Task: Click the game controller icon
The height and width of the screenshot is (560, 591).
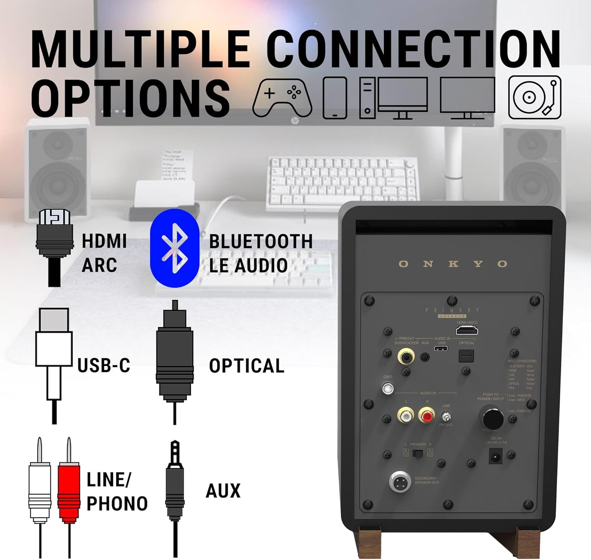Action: point(282,98)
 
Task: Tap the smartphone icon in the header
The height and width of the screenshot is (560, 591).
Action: point(335,98)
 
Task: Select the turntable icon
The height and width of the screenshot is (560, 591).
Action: point(535,97)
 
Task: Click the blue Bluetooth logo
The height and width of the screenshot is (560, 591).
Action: point(175,248)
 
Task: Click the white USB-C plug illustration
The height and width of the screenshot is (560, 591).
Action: point(54,354)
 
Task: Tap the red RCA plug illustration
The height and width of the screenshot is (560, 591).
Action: point(69,488)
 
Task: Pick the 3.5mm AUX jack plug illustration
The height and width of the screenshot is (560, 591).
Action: point(175,488)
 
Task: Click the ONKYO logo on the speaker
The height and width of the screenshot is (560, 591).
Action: point(453,264)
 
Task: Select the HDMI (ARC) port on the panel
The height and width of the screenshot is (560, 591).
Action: point(467,330)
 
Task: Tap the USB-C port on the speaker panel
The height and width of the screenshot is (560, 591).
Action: point(441,349)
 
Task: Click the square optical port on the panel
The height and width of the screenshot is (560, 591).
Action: point(466,356)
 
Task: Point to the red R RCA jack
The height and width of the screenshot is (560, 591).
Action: point(426,415)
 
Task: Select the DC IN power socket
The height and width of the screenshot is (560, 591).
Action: point(495,457)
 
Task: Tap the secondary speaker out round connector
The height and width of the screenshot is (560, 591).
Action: point(400,481)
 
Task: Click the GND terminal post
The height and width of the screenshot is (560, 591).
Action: point(388,389)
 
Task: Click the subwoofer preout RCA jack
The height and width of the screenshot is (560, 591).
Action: point(406,357)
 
